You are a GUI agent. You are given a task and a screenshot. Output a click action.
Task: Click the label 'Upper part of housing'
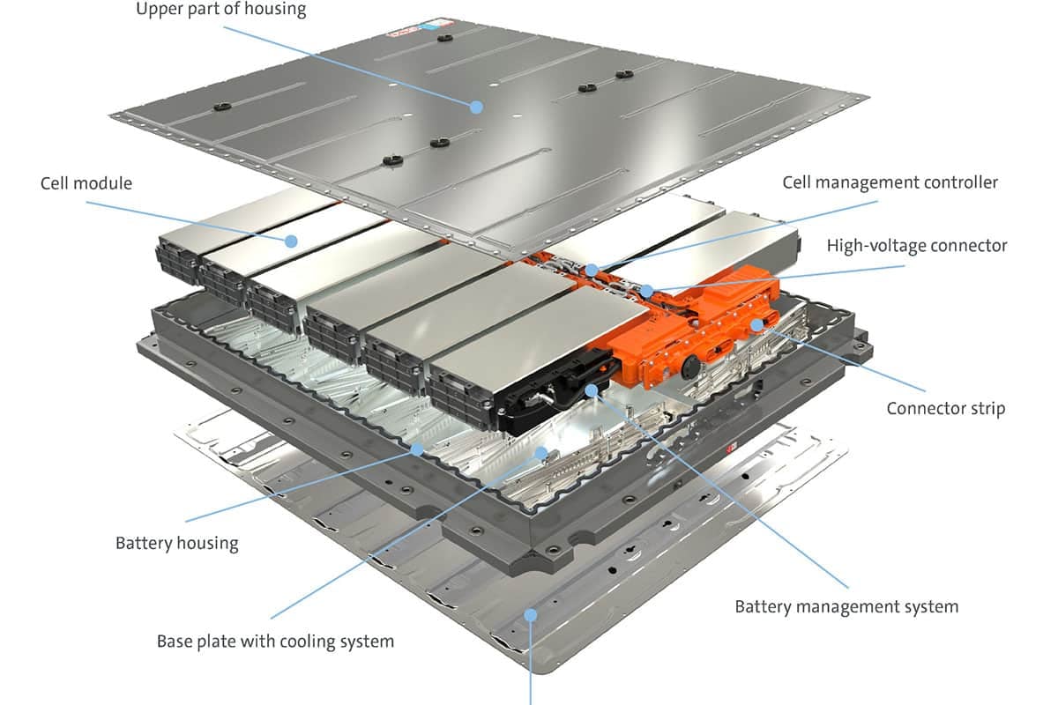[x=220, y=11]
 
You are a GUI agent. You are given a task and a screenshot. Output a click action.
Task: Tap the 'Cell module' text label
[x=86, y=183]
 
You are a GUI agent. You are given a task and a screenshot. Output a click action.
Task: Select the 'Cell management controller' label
[x=890, y=182]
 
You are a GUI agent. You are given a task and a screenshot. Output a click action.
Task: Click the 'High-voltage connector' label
[x=916, y=245]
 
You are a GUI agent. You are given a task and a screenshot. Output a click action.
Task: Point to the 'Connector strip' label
[x=945, y=408]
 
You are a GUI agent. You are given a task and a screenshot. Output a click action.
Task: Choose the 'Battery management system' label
[x=846, y=606]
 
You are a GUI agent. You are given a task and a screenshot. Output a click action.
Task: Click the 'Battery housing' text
[x=176, y=542]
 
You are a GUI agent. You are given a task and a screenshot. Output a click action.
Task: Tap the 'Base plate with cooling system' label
[x=275, y=641]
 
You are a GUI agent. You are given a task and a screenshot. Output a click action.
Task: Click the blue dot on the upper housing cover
[x=476, y=107]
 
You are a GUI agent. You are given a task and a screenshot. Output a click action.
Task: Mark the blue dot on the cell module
[x=290, y=241]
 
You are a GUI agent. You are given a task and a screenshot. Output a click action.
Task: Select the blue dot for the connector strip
[x=756, y=324]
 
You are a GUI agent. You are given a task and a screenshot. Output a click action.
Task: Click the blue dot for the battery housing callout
[x=418, y=449]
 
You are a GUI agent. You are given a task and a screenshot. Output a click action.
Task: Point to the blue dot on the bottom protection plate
[x=531, y=614]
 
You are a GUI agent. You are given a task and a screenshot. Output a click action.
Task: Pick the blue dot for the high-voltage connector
[x=647, y=290]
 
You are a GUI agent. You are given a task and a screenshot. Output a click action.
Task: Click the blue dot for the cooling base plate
[x=542, y=452]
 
